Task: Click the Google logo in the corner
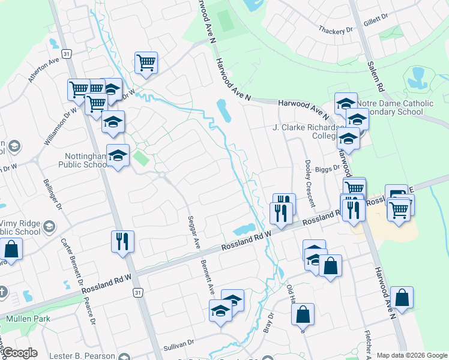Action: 19,353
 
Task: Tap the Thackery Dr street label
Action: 336,30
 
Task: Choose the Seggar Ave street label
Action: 193,233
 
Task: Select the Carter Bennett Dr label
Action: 71,258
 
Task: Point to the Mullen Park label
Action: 28,319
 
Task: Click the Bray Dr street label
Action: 268,323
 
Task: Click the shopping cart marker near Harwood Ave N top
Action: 146,62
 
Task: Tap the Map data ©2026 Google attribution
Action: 411,355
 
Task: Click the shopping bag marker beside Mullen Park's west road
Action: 11,248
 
